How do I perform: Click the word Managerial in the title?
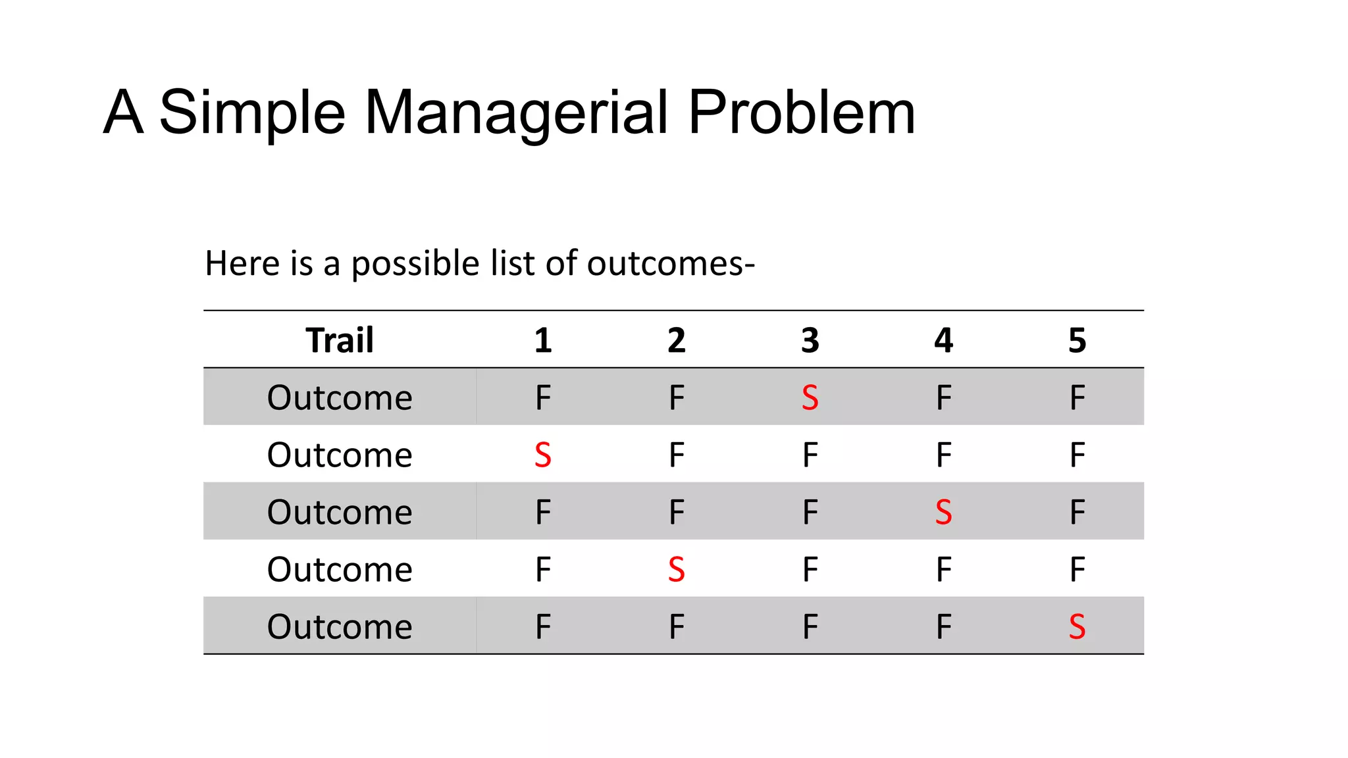point(516,113)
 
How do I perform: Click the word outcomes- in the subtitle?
point(671,264)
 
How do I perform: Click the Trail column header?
point(340,340)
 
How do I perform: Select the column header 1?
point(543,340)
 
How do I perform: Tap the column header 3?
point(810,340)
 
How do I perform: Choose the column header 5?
point(1077,340)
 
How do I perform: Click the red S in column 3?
point(810,397)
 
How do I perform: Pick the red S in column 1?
point(543,455)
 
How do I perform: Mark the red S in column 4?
point(943,512)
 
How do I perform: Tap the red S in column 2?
point(677,569)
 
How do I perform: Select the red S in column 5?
point(1077,626)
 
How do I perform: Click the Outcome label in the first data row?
point(340,397)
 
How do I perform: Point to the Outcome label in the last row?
point(340,626)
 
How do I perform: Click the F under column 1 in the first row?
point(543,397)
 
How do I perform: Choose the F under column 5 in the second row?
point(1077,455)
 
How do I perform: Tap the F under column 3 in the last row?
point(810,626)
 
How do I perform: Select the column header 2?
point(677,340)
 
